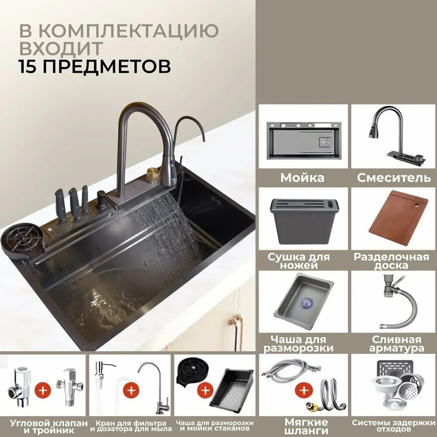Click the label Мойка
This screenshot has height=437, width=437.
coord(302,178)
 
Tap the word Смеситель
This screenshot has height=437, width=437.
coord(394,178)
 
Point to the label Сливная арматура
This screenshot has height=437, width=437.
coord(396,343)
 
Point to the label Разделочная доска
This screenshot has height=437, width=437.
coord(391,261)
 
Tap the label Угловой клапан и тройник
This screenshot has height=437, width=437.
coord(44,427)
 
